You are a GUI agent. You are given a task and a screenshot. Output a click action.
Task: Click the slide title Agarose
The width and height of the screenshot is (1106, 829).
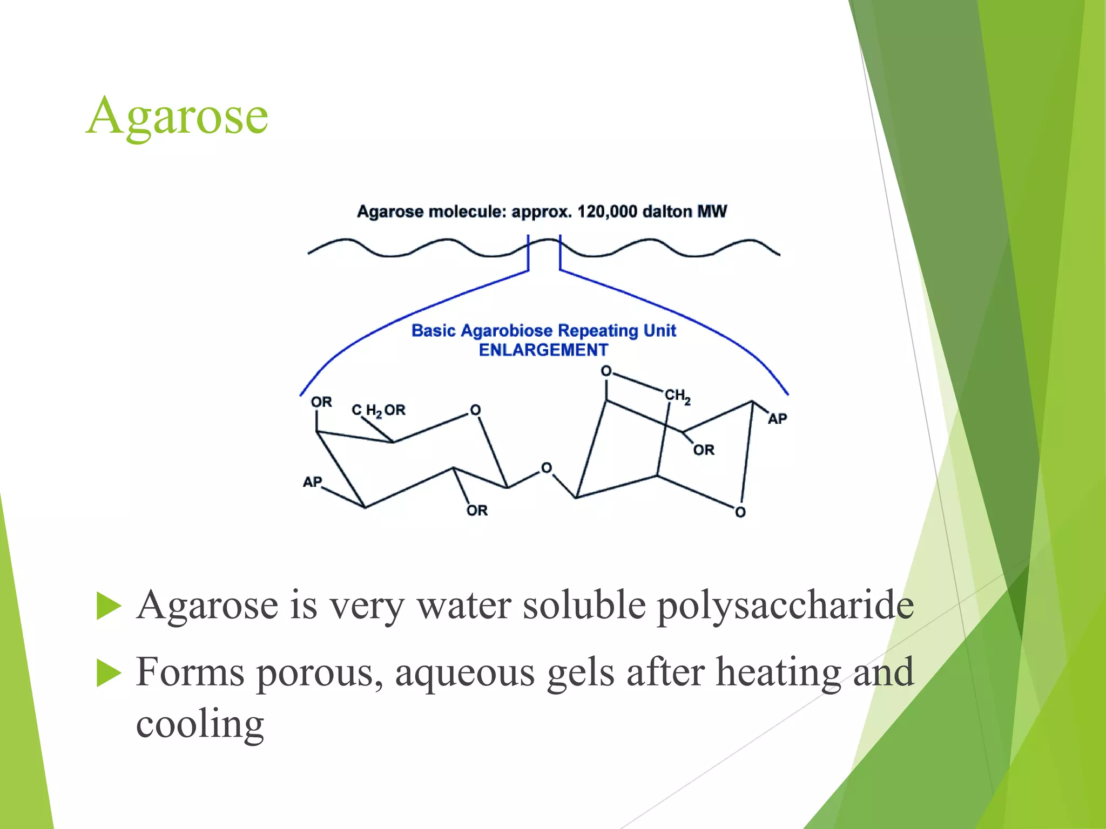pyautogui.click(x=177, y=115)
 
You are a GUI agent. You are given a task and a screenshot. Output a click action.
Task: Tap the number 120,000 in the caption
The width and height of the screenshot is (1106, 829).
pyautogui.click(x=607, y=212)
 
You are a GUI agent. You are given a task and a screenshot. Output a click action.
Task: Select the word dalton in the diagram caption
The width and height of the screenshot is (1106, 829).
pyautogui.click(x=667, y=212)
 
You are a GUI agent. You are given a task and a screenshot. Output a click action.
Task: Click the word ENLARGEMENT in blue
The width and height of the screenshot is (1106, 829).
pyautogui.click(x=543, y=350)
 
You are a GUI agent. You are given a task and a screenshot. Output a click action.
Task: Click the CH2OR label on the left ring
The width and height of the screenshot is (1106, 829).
pyautogui.click(x=379, y=411)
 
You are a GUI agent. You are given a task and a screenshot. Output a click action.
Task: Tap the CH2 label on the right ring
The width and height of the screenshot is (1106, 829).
pyautogui.click(x=677, y=396)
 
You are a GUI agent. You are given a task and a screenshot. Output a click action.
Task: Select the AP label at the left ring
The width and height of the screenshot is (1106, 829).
pyautogui.click(x=312, y=482)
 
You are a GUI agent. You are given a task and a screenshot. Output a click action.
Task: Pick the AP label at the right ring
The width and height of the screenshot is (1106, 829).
pyautogui.click(x=777, y=419)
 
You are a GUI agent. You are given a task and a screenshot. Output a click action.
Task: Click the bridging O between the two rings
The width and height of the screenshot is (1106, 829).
pyautogui.click(x=547, y=468)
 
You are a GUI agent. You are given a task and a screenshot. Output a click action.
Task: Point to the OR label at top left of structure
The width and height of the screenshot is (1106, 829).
pyautogui.click(x=321, y=402)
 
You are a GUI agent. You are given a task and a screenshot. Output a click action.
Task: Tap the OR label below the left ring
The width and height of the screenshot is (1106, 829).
pyautogui.click(x=477, y=511)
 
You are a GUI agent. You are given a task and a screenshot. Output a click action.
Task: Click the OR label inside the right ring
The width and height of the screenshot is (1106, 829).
pyautogui.click(x=704, y=450)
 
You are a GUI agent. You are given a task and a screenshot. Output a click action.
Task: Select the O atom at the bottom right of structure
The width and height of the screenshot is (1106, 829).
pyautogui.click(x=740, y=512)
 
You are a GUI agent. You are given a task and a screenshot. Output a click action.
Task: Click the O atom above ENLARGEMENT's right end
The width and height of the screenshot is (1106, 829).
pyautogui.click(x=606, y=371)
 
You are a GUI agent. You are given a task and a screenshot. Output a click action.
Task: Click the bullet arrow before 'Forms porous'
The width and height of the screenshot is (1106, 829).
pyautogui.click(x=109, y=673)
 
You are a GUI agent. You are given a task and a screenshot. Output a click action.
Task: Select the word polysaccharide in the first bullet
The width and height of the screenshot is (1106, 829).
pyautogui.click(x=785, y=606)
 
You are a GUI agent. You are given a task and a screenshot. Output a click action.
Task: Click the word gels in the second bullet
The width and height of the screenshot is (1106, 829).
pyautogui.click(x=581, y=673)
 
